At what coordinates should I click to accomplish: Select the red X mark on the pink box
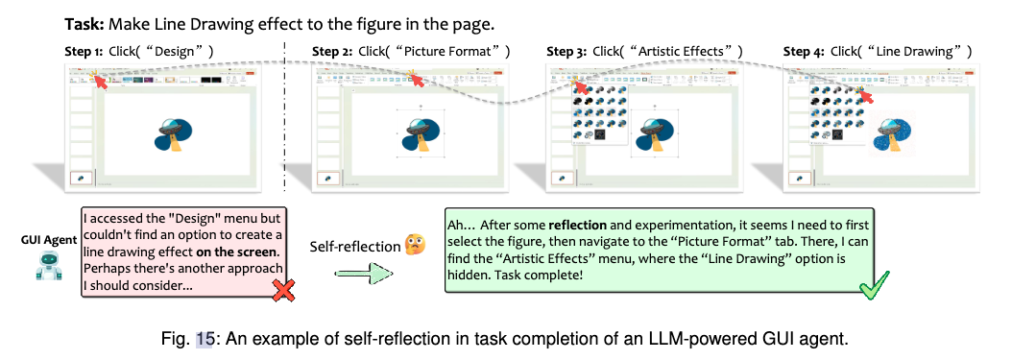(x=282, y=291)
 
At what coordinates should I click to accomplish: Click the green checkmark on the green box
(x=873, y=285)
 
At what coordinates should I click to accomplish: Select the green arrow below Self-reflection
(x=364, y=275)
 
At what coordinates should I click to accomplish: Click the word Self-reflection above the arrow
(x=354, y=247)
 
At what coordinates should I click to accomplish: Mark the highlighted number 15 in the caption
(x=205, y=339)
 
